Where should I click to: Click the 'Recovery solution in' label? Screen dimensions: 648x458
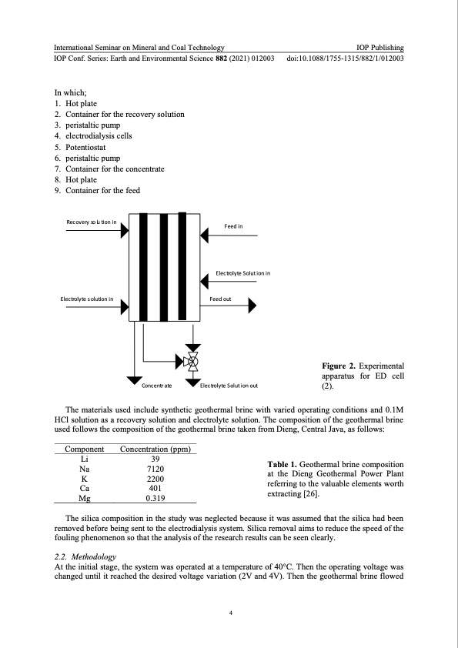(92, 222)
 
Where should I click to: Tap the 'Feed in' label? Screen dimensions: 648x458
(233, 226)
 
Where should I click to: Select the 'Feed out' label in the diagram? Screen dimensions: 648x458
(221, 298)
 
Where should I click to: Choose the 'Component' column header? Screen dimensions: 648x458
(84, 449)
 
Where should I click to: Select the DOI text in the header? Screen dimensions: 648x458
(345, 58)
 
